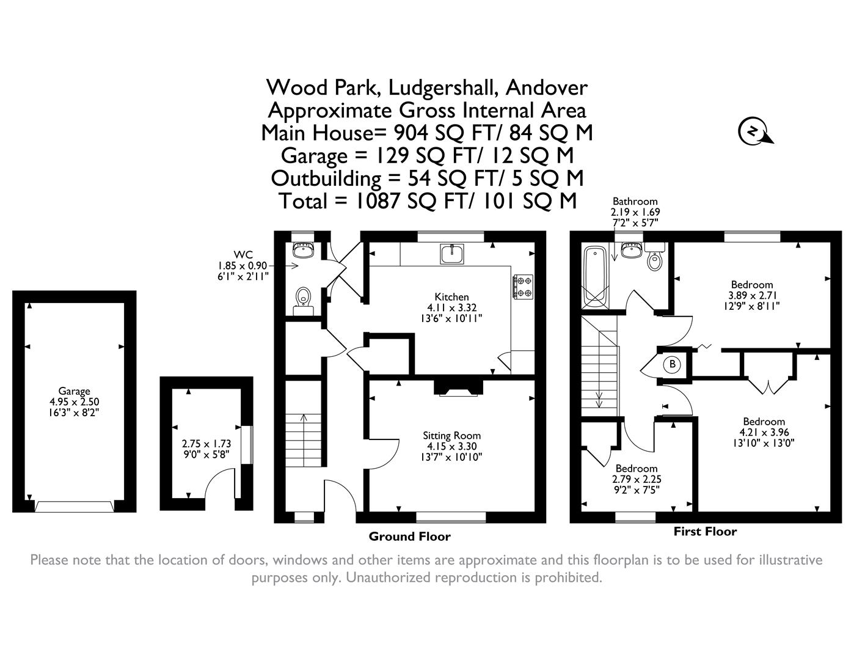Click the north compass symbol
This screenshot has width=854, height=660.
point(754,131)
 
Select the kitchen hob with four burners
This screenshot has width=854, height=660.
point(523,287)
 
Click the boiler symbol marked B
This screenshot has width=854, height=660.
point(672,364)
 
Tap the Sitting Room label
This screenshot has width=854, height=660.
point(451,436)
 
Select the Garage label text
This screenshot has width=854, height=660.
point(74,391)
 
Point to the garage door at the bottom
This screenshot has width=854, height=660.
point(74,506)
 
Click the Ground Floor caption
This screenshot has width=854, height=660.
point(409,537)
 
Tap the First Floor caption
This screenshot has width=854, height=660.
point(705,532)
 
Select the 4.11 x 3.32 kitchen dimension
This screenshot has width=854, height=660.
point(451,308)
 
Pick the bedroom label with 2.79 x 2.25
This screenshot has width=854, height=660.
point(636,469)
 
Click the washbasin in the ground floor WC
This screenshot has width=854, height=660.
point(303,249)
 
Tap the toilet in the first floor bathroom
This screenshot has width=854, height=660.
point(654,260)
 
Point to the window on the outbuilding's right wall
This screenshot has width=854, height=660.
point(246,445)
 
